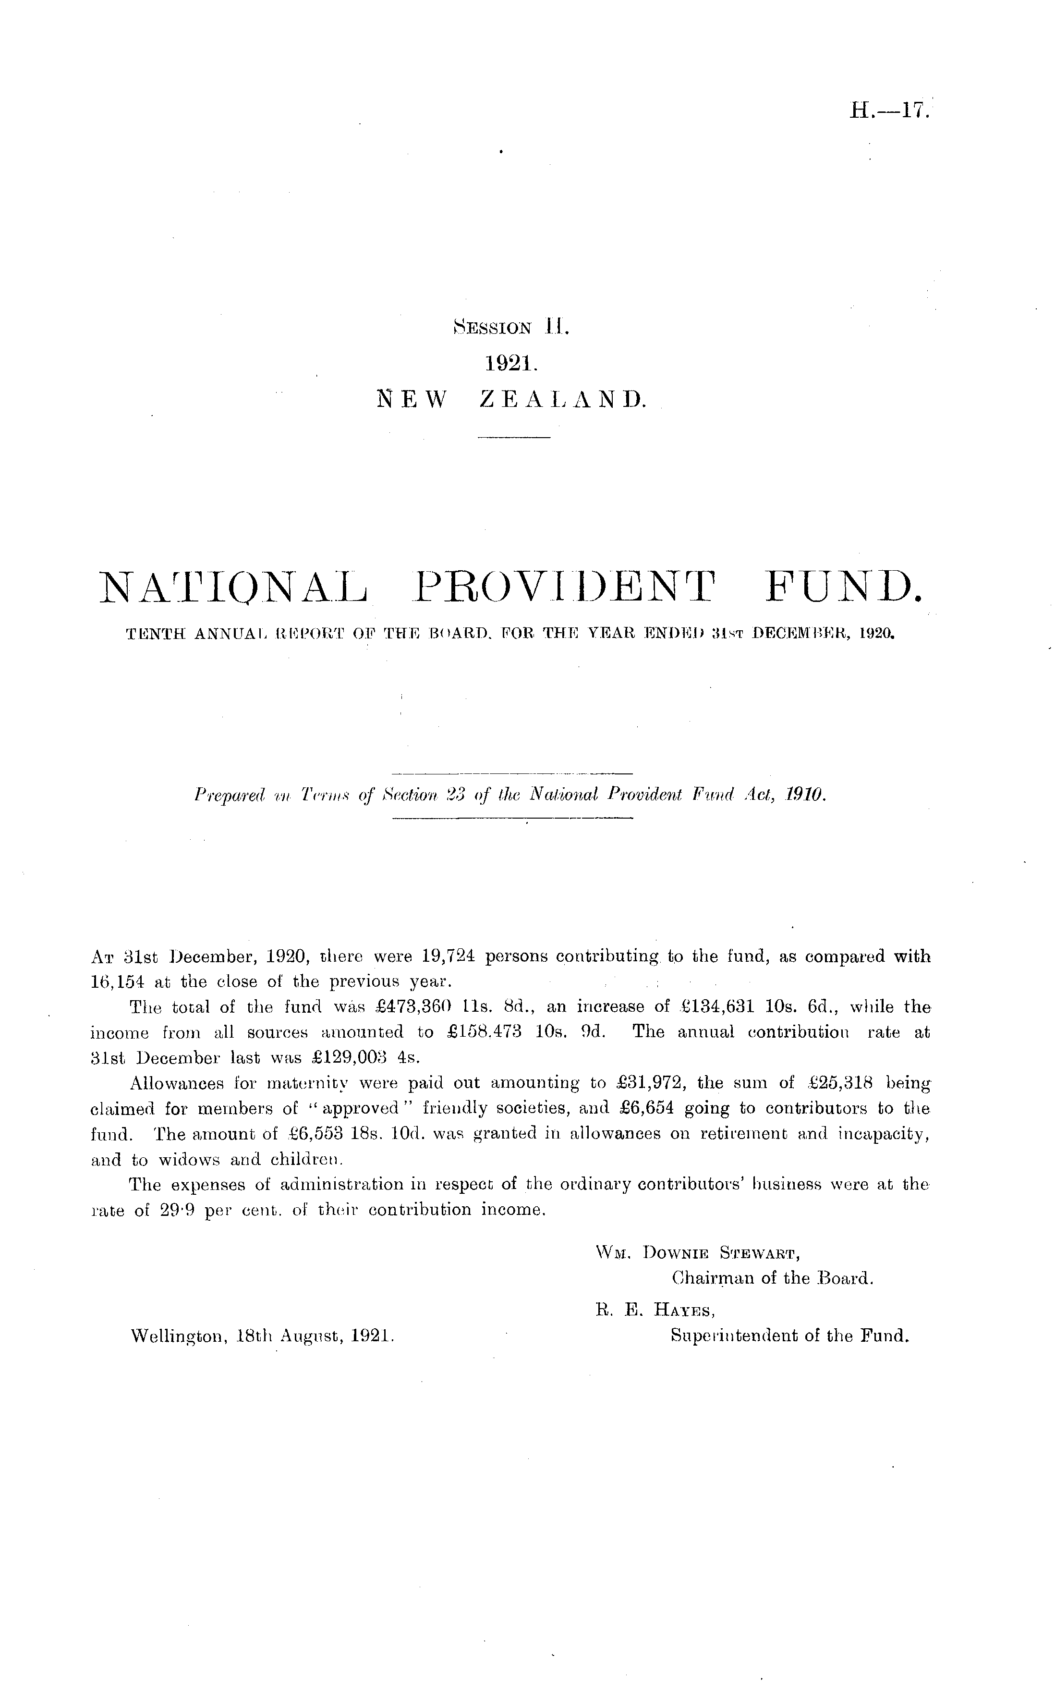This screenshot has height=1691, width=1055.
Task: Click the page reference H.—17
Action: [888, 111]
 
